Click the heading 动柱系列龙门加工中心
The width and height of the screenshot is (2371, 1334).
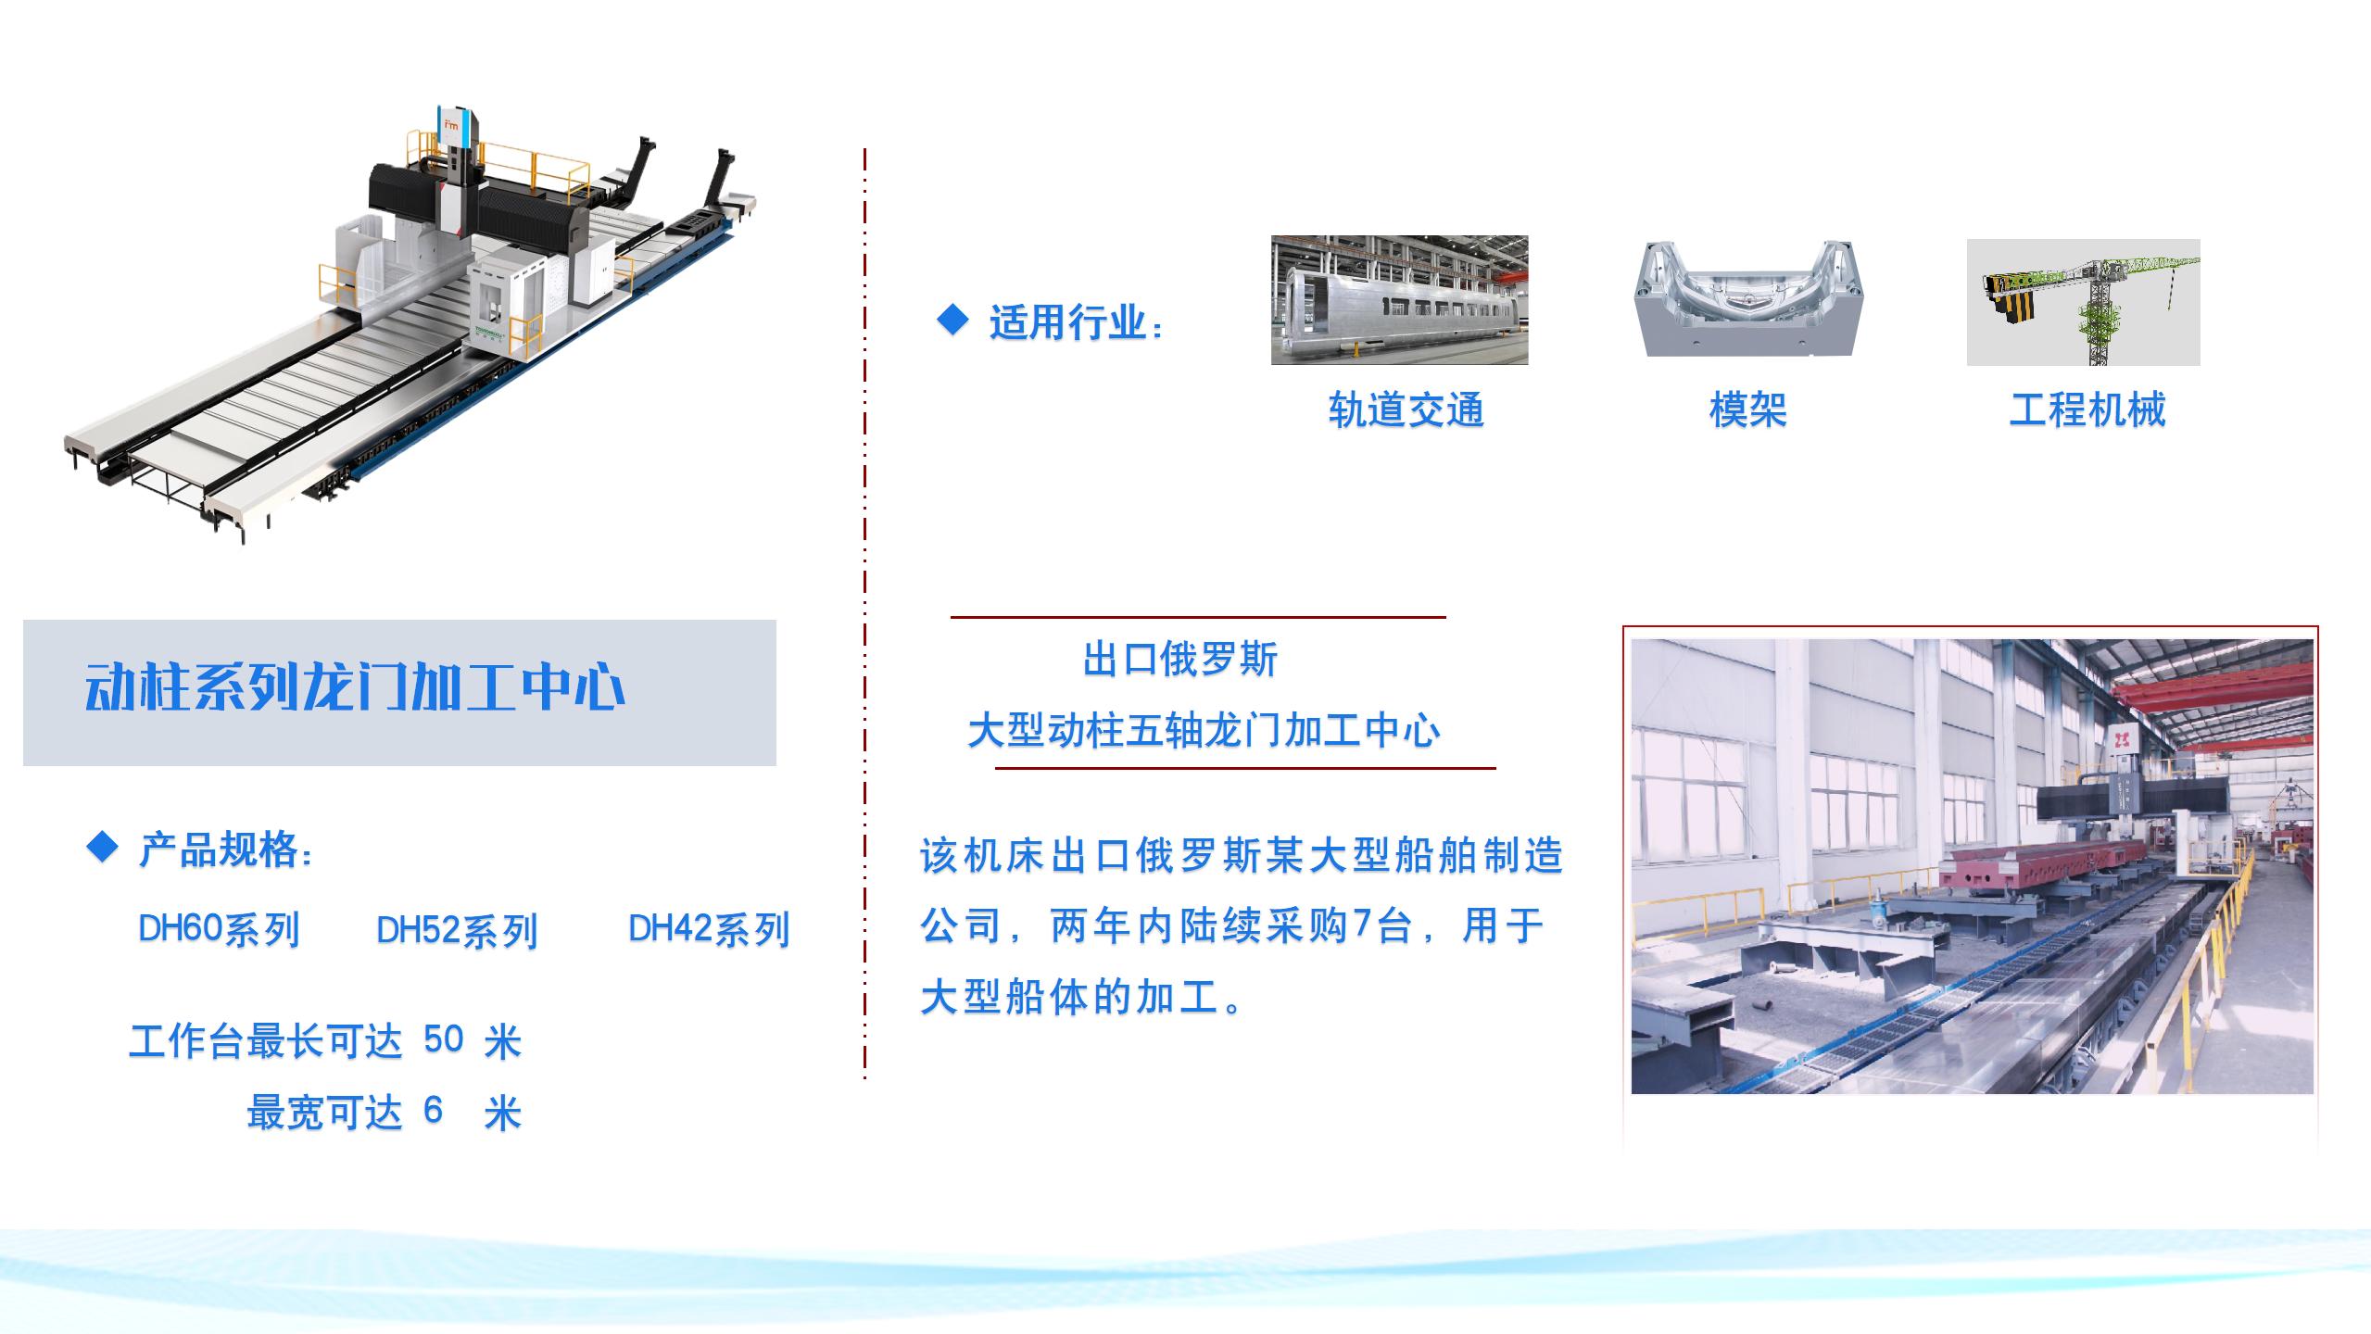tap(355, 688)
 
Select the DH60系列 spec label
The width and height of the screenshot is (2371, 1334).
tap(219, 929)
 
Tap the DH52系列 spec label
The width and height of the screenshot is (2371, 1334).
tap(457, 931)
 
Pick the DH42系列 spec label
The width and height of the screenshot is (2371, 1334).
tap(709, 929)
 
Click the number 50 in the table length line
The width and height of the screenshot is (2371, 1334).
tap(443, 1039)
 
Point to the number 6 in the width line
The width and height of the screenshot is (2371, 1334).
tap(433, 1110)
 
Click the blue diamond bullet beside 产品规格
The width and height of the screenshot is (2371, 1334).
tap(102, 847)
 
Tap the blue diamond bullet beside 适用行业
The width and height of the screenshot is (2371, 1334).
tap(952, 321)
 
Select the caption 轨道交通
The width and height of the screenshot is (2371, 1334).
tap(1406, 409)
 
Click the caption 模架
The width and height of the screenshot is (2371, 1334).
tap(1747, 409)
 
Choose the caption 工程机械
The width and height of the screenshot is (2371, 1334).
tap(2087, 409)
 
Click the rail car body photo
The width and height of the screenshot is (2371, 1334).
tap(1399, 300)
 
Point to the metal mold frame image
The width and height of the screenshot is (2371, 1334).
tap(1747, 298)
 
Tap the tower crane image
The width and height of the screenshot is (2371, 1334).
tap(2083, 302)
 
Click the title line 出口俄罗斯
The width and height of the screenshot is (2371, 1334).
tap(1180, 660)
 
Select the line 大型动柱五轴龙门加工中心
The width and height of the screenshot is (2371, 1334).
tap(1204, 731)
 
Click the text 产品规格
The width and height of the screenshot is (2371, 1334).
tap(219, 849)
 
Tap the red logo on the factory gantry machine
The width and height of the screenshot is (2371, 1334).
tap(2116, 737)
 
